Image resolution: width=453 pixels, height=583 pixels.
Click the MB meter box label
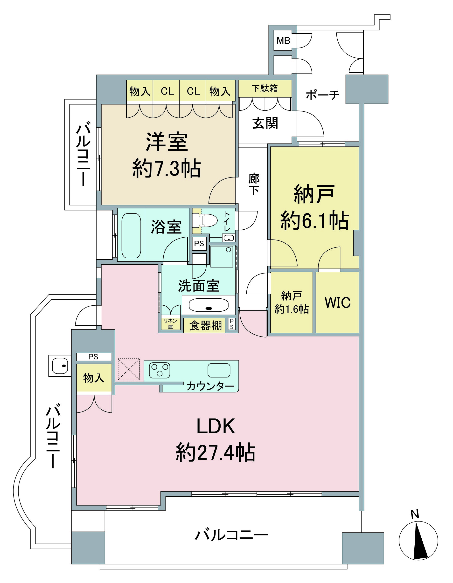pos(283,41)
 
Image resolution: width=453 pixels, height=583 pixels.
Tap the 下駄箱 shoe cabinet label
pos(265,88)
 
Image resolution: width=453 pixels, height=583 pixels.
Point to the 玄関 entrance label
pos(265,123)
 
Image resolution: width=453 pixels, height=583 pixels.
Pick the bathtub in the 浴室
pos(131,235)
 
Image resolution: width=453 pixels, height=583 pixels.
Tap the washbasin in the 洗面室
pos(209,305)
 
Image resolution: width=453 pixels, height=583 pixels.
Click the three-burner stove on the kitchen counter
pos(160,370)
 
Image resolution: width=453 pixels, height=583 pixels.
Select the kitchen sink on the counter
pos(219,370)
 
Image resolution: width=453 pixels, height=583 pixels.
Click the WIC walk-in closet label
pos(338,303)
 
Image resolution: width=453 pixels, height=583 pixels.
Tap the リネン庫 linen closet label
pos(170,323)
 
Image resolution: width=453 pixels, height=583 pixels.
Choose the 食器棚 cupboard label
pos(206,326)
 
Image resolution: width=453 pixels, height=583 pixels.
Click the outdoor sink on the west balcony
pos(60,365)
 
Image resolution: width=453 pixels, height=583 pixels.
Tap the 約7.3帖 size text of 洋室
pos(167,168)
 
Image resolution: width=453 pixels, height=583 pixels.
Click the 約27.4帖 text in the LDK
pos(215,453)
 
